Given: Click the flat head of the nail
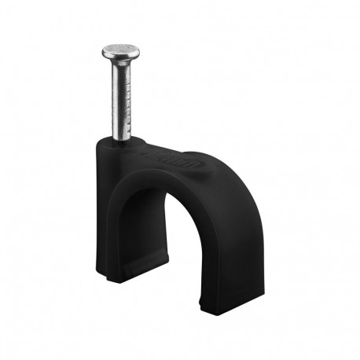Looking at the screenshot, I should click(x=120, y=51).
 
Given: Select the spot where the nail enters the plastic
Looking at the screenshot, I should click(x=122, y=141).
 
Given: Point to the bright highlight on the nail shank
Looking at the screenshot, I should click(x=118, y=98).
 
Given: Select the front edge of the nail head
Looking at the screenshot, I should click(x=120, y=58).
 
